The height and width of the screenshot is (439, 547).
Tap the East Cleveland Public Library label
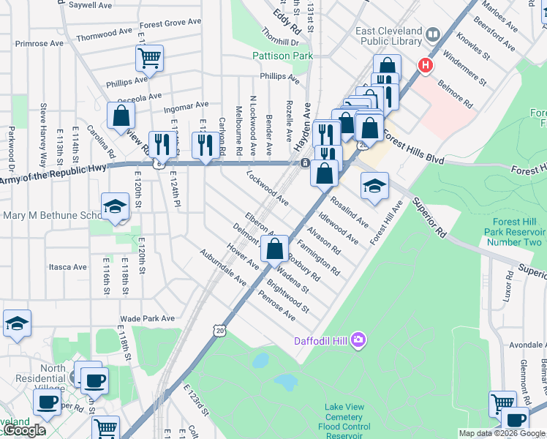point(388,37)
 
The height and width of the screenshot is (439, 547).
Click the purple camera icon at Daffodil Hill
point(358,339)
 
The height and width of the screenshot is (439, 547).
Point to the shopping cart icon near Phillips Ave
point(149,56)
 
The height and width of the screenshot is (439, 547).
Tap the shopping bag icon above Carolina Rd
point(121,115)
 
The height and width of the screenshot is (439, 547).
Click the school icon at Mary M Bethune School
point(115,208)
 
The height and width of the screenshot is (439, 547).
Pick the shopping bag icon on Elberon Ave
point(274,248)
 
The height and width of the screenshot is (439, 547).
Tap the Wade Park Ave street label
point(148,318)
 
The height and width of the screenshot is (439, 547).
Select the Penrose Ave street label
point(277,306)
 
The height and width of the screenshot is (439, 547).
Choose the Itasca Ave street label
point(67,267)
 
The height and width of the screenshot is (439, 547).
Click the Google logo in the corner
point(23,431)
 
